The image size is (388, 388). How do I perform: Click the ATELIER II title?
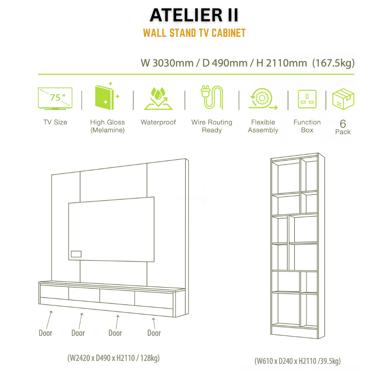click(194, 16)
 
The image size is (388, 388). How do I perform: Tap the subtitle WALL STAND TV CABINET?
click(194, 33)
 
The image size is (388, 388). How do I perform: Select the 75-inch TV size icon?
click(55, 99)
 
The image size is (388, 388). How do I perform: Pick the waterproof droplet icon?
click(158, 98)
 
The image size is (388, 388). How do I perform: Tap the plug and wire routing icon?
click(212, 97)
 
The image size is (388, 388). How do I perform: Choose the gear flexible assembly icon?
click(263, 99)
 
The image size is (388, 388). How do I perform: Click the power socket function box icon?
click(307, 99)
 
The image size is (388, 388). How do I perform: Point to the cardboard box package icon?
click(343, 99)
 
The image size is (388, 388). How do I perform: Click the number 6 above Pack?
click(343, 124)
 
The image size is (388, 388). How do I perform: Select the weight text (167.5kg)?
click(333, 63)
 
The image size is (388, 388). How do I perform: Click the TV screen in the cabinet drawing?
click(111, 229)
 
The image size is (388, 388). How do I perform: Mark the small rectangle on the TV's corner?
click(76, 254)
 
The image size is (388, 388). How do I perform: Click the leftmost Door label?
click(45, 333)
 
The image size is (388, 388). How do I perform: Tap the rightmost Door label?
click(154, 333)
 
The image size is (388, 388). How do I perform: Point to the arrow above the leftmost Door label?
click(49, 320)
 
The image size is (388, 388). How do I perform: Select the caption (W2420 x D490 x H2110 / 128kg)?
click(114, 358)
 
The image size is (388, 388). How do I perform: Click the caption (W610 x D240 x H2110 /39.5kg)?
click(298, 361)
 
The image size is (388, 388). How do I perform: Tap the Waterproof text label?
click(158, 122)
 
